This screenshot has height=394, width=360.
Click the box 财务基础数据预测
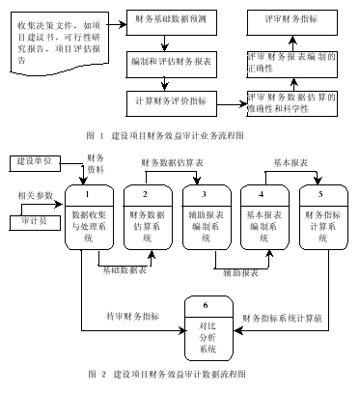(171, 18)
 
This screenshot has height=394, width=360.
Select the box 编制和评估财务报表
(171, 60)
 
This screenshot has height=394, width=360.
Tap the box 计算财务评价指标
(171, 99)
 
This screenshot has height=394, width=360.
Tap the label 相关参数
(35, 196)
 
